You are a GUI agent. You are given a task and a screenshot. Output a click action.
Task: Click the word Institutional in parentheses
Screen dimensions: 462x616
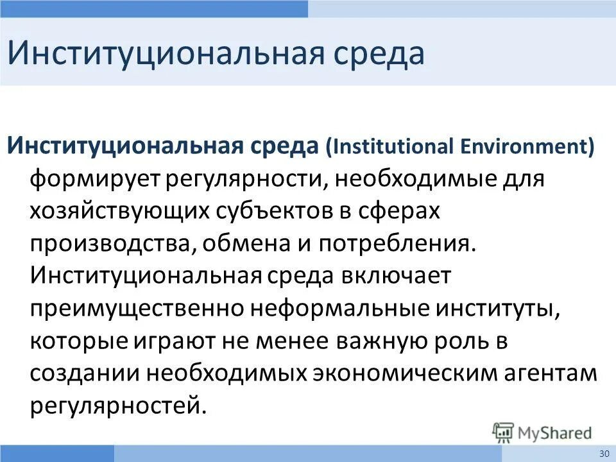(392, 146)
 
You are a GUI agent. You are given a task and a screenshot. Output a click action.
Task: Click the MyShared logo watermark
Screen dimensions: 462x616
(542, 431)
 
